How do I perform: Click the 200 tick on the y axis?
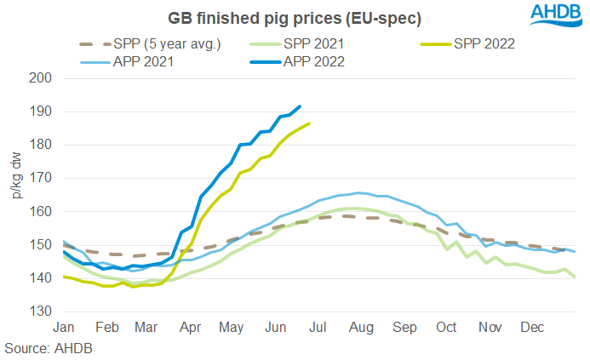click(x=41, y=78)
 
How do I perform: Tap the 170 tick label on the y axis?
click(x=41, y=178)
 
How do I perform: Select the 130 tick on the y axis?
click(x=41, y=311)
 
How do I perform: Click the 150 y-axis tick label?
click(x=41, y=245)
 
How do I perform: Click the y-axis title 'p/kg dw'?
click(x=15, y=176)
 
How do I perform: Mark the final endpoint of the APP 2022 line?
click(x=300, y=106)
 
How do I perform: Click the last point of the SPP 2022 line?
click(x=309, y=123)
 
